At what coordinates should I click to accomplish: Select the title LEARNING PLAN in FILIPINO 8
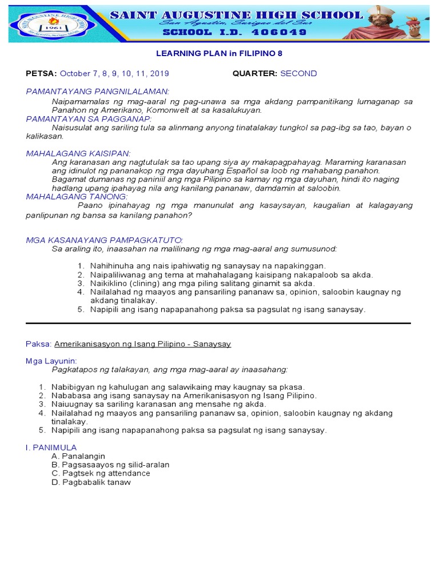(x=219, y=53)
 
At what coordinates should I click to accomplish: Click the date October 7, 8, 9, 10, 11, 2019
(x=114, y=74)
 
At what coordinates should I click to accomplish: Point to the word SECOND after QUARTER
(x=298, y=74)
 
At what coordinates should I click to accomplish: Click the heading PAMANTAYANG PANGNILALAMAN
(x=97, y=92)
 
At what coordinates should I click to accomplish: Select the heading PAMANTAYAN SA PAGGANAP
(x=89, y=118)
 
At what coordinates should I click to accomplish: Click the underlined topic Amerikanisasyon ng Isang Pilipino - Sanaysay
(x=142, y=344)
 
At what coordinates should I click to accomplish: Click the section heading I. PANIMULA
(x=51, y=447)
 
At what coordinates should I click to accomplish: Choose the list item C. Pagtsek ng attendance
(x=101, y=473)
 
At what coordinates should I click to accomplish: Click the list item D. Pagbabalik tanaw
(x=91, y=482)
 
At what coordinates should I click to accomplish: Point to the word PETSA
(x=41, y=74)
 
